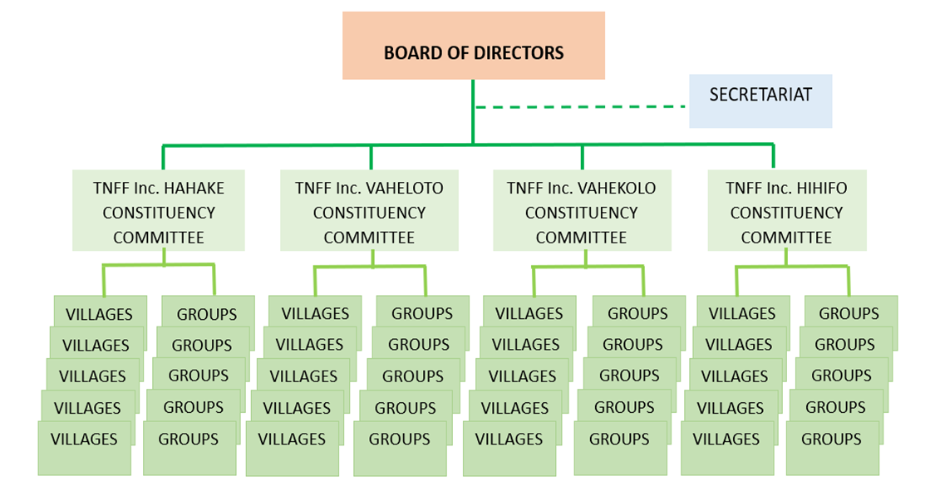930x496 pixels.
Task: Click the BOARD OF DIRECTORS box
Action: point(473,46)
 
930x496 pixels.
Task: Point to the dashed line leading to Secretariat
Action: point(582,106)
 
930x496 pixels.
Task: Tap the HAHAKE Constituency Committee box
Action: point(158,211)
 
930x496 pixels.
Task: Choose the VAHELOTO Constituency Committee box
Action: point(368,211)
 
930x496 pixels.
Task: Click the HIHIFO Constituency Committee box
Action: point(786,211)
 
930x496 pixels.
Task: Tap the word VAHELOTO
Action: point(406,189)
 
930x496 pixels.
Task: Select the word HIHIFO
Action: point(819,189)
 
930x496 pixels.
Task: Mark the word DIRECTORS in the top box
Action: point(519,53)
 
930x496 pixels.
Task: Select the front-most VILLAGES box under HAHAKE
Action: point(84,447)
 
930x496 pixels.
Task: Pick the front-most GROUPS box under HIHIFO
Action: point(831,447)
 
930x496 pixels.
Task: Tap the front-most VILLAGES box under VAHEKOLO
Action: point(509,447)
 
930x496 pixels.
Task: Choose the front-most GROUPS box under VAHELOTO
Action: point(399,447)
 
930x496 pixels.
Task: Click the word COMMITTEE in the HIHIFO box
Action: point(786,238)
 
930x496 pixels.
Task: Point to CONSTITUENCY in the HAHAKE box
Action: point(159,214)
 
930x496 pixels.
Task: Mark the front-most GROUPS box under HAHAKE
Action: point(189,447)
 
